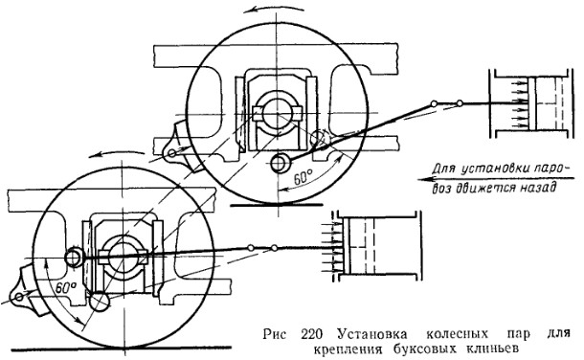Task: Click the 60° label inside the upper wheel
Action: [303, 177]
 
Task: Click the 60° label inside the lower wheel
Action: [65, 287]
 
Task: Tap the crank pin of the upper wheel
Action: [281, 163]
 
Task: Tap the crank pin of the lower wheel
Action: [74, 258]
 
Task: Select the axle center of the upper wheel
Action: [277, 113]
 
